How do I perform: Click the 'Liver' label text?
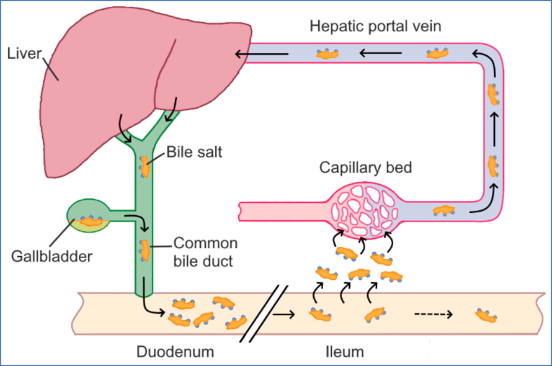pyautogui.click(x=24, y=54)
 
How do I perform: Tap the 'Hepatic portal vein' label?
pyautogui.click(x=375, y=27)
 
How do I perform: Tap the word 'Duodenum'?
pyautogui.click(x=176, y=352)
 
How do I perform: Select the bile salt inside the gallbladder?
pyautogui.click(x=91, y=220)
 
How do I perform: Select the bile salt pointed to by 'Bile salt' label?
pyautogui.click(x=145, y=166)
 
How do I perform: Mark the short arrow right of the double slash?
pyautogui.click(x=284, y=315)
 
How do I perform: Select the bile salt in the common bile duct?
pyautogui.click(x=145, y=250)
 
